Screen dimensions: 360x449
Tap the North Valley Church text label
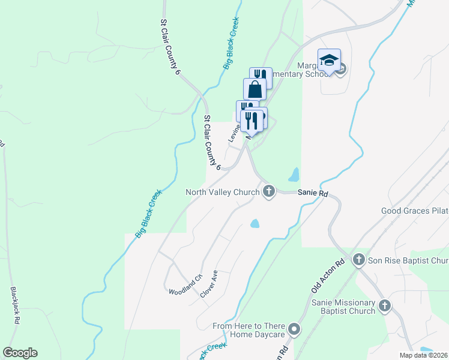222,192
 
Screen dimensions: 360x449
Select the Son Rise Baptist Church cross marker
359,260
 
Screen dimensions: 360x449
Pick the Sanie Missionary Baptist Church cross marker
384,306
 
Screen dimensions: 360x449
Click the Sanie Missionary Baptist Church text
343,307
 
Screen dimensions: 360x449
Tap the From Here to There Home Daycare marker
294,329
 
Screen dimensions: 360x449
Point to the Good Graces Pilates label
415,211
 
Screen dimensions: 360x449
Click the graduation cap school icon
329,59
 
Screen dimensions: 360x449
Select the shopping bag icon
255,89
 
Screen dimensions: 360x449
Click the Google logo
20,353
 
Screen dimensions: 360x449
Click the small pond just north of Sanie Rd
294,175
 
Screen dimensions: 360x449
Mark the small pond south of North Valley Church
255,224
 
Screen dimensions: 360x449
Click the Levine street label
234,133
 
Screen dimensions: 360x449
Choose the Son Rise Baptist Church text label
408,260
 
